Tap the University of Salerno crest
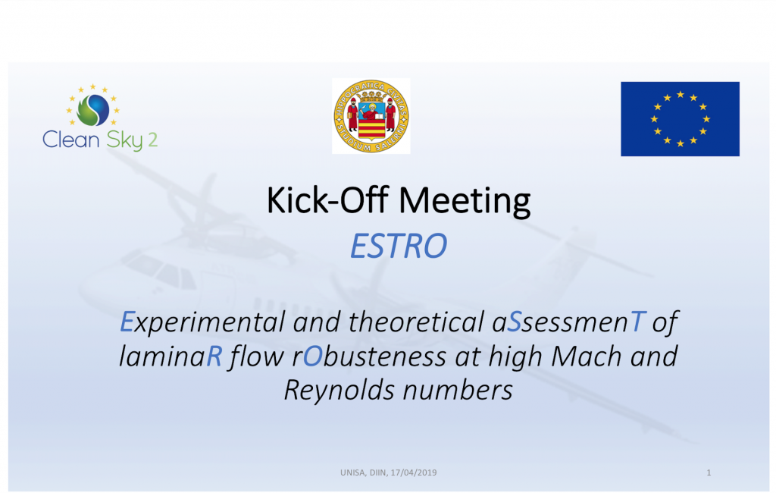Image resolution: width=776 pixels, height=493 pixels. pos(371,116)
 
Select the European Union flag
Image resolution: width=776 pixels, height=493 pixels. pos(680,119)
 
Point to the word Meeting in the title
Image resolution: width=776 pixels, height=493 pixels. pos(465,202)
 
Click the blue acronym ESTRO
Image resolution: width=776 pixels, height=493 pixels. pos(399,246)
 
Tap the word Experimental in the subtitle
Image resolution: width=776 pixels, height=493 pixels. pos(202,323)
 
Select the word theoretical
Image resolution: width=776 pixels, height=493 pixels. pos(416,322)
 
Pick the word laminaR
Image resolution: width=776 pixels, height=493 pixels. pos(171,356)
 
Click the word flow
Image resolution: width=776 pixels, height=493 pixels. pos(256,356)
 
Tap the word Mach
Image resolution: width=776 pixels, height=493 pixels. pos(586,356)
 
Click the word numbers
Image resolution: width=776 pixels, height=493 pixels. pos(458,391)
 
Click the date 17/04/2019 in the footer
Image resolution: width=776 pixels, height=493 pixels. pos(413,473)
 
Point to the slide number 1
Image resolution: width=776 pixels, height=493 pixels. pos(709,473)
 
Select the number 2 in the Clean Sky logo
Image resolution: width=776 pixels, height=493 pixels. pos(153,140)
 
